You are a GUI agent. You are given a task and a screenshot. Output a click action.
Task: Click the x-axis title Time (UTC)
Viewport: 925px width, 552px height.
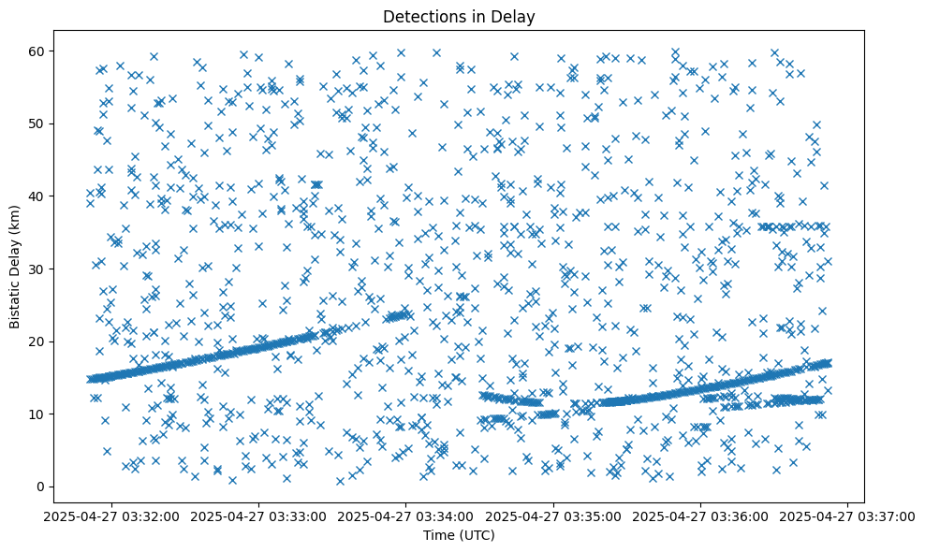coord(460,536)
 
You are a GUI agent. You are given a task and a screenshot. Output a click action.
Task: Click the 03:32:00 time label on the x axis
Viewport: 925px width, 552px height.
coord(113,516)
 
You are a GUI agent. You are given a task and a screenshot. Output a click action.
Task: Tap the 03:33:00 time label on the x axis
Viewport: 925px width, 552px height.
coord(260,516)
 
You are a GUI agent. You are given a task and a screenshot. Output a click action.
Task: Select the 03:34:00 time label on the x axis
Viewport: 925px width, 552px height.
coord(407,516)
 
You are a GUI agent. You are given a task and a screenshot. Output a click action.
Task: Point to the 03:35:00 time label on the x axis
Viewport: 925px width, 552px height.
coord(554,516)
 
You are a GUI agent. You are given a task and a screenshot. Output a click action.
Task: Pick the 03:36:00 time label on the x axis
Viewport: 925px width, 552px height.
coord(701,516)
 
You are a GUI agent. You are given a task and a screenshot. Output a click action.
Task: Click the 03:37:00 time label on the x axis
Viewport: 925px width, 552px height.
coord(848,516)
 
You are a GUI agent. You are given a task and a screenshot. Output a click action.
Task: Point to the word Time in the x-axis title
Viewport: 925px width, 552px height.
coord(440,536)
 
